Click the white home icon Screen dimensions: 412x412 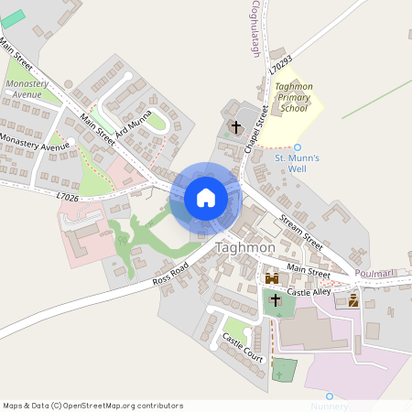pos(206,198)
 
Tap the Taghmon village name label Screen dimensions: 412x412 pos(244,248)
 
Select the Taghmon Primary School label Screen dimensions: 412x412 pos(294,97)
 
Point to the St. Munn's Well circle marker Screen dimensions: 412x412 pos(298,146)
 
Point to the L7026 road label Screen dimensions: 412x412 pos(68,196)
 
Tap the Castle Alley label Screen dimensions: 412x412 pos(309,291)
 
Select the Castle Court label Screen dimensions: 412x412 pos(243,348)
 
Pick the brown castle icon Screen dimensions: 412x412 pos(272,277)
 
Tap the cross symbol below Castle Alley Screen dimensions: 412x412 pos(275,299)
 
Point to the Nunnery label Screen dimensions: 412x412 pos(329,406)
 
